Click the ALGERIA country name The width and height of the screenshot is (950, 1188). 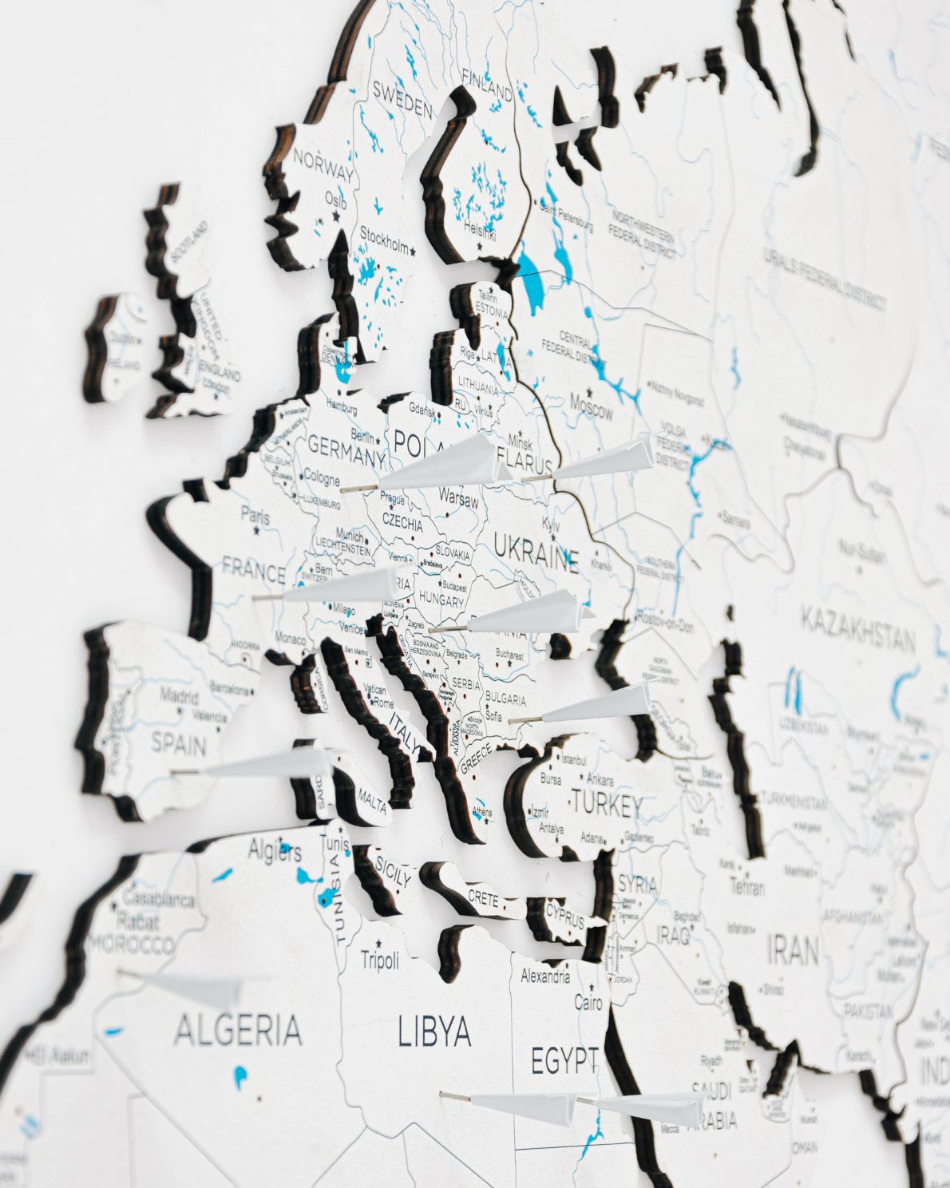point(238,1030)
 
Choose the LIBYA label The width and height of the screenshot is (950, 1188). point(434,1032)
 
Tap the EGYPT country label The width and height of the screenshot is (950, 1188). point(565,1061)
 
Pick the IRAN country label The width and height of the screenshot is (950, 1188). point(793,950)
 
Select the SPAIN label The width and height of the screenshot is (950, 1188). point(179,745)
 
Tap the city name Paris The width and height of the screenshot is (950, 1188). point(255,517)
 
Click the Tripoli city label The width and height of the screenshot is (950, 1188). point(380,960)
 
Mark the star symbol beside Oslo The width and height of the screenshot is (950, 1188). point(336,216)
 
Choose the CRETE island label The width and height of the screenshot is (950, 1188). point(483,896)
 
